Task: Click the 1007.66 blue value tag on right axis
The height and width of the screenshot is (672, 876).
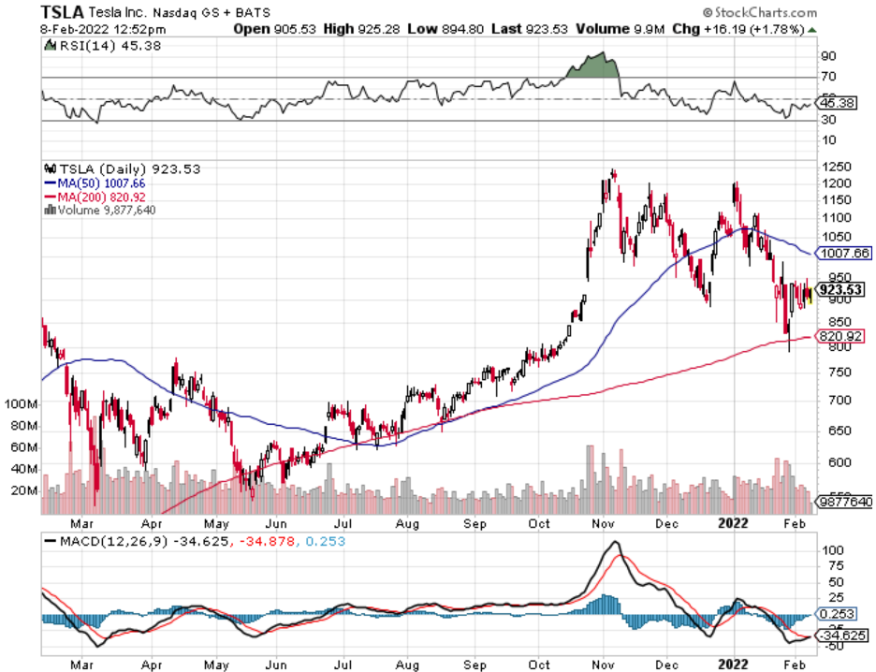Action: pos(843,253)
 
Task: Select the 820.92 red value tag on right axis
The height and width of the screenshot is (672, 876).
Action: pos(839,336)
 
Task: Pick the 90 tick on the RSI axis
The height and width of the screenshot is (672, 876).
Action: pos(828,56)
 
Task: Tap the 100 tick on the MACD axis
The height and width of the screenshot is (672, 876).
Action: pos(830,551)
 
